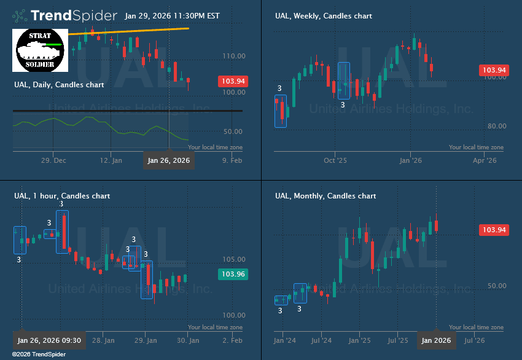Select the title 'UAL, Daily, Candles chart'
click(59, 84)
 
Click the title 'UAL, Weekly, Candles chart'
click(323, 16)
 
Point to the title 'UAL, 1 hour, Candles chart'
click(62, 196)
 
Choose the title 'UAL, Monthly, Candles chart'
click(325, 196)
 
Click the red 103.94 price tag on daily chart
click(233, 81)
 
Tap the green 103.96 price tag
click(233, 275)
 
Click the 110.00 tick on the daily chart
click(234, 56)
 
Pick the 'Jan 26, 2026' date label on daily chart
click(169, 161)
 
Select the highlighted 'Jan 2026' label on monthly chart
click(436, 340)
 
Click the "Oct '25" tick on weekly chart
click(335, 161)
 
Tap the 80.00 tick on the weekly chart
click(494, 127)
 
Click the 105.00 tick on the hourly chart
click(234, 259)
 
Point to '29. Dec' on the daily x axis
click(53, 161)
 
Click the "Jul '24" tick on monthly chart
click(321, 340)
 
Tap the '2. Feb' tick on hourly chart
click(232, 340)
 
